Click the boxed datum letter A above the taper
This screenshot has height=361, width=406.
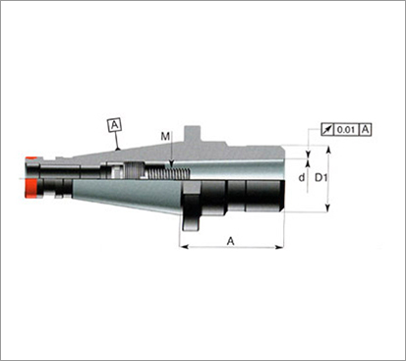pos(114,125)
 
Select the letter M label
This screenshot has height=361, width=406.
pos(165,137)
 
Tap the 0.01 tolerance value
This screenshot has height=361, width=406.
pos(346,130)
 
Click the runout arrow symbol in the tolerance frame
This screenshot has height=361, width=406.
pos(327,130)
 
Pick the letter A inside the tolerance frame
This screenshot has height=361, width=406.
pos(365,130)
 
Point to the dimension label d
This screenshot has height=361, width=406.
pos(302,177)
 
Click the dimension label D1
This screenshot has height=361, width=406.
pos(320,177)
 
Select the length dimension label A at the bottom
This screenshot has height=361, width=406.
pos(231,241)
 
